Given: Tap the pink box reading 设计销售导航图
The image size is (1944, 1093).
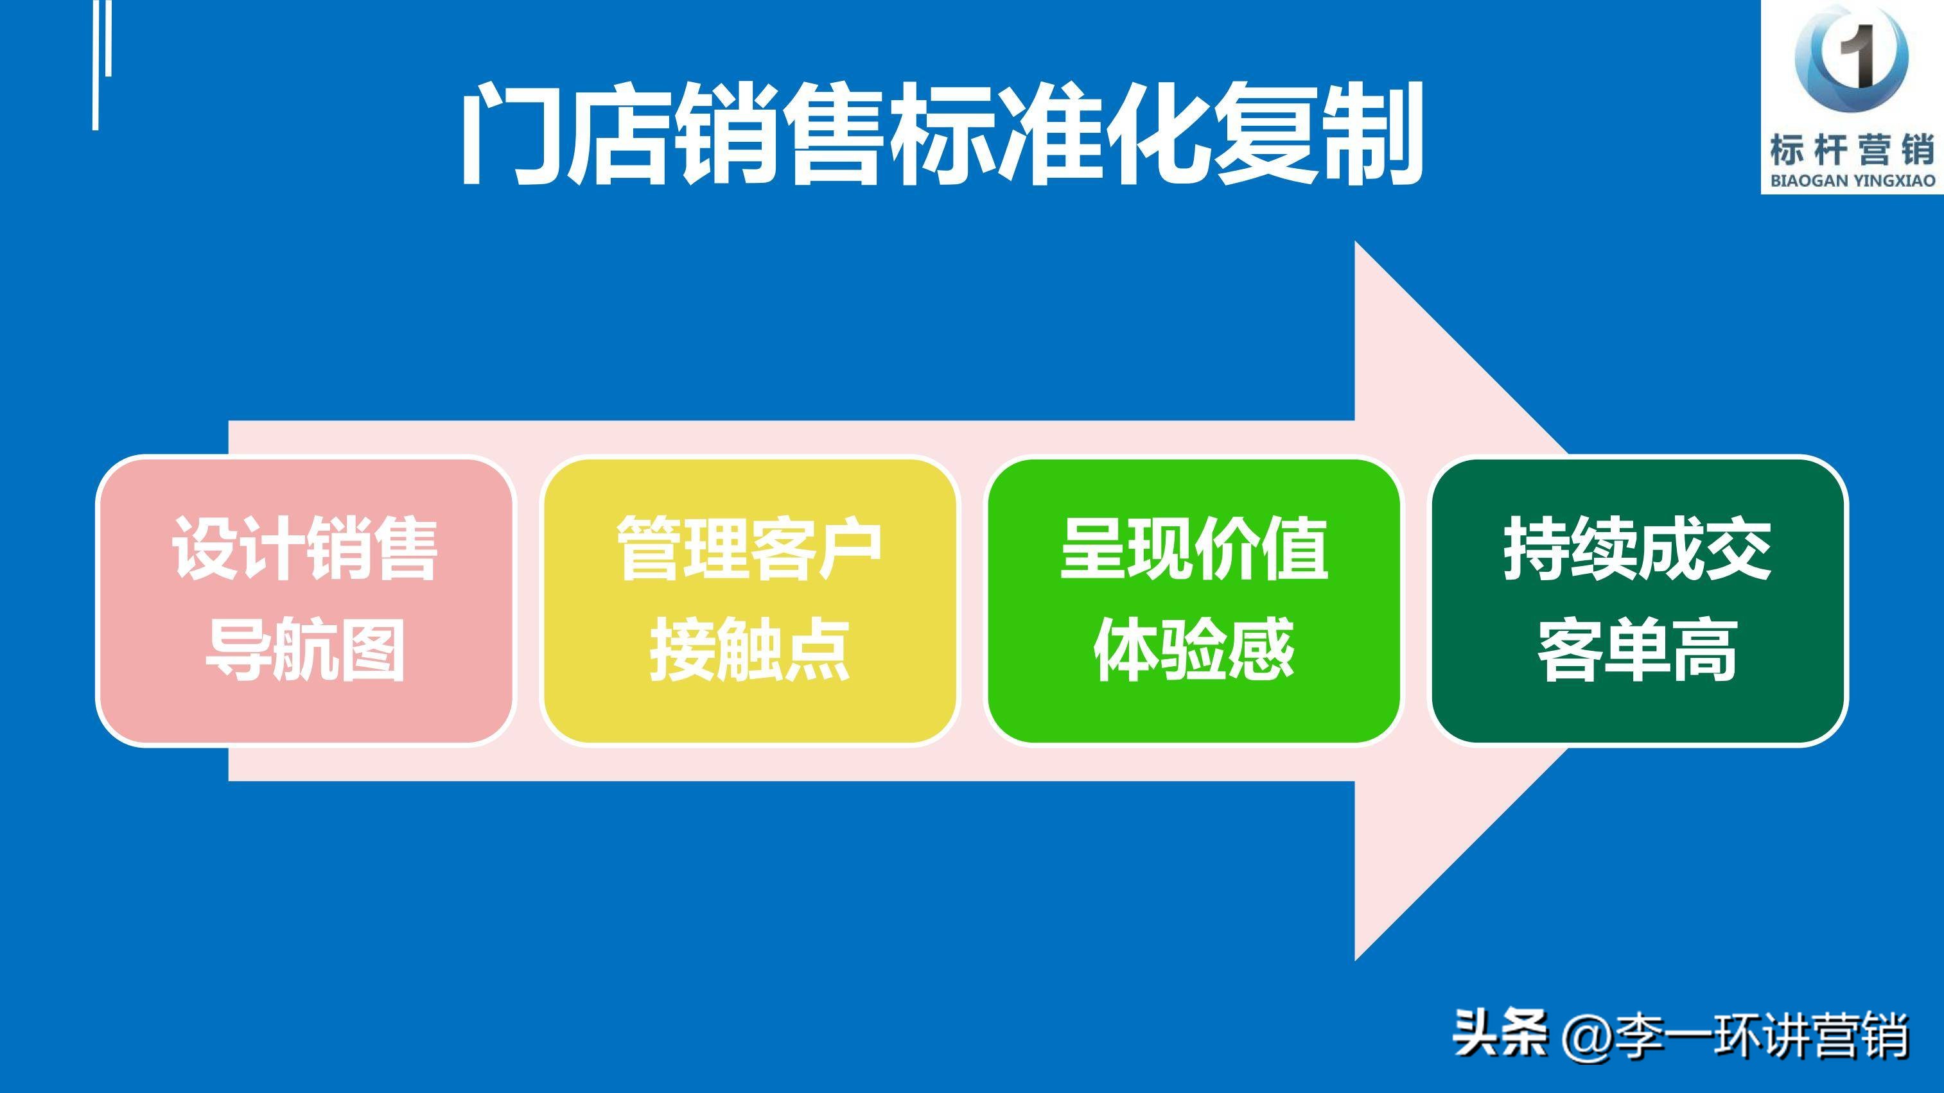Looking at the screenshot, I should point(305,601).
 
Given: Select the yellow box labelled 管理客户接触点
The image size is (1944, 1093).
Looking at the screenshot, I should point(749,601).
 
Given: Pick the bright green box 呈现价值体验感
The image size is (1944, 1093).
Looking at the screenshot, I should point(1194,601).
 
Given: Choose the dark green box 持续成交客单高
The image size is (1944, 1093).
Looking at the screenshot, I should point(1638,601).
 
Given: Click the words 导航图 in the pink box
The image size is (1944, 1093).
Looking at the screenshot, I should point(305,650).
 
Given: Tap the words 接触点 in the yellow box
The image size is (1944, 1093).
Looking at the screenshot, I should point(749,650).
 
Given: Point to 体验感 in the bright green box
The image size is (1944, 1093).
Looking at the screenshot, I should point(1194,650).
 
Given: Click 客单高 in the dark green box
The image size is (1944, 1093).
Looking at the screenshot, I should point(1638,650).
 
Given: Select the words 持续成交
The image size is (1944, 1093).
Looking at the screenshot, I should point(1638,549).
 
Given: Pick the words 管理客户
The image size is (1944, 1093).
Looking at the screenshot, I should point(749,549).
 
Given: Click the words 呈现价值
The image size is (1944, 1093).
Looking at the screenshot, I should point(1194,549).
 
